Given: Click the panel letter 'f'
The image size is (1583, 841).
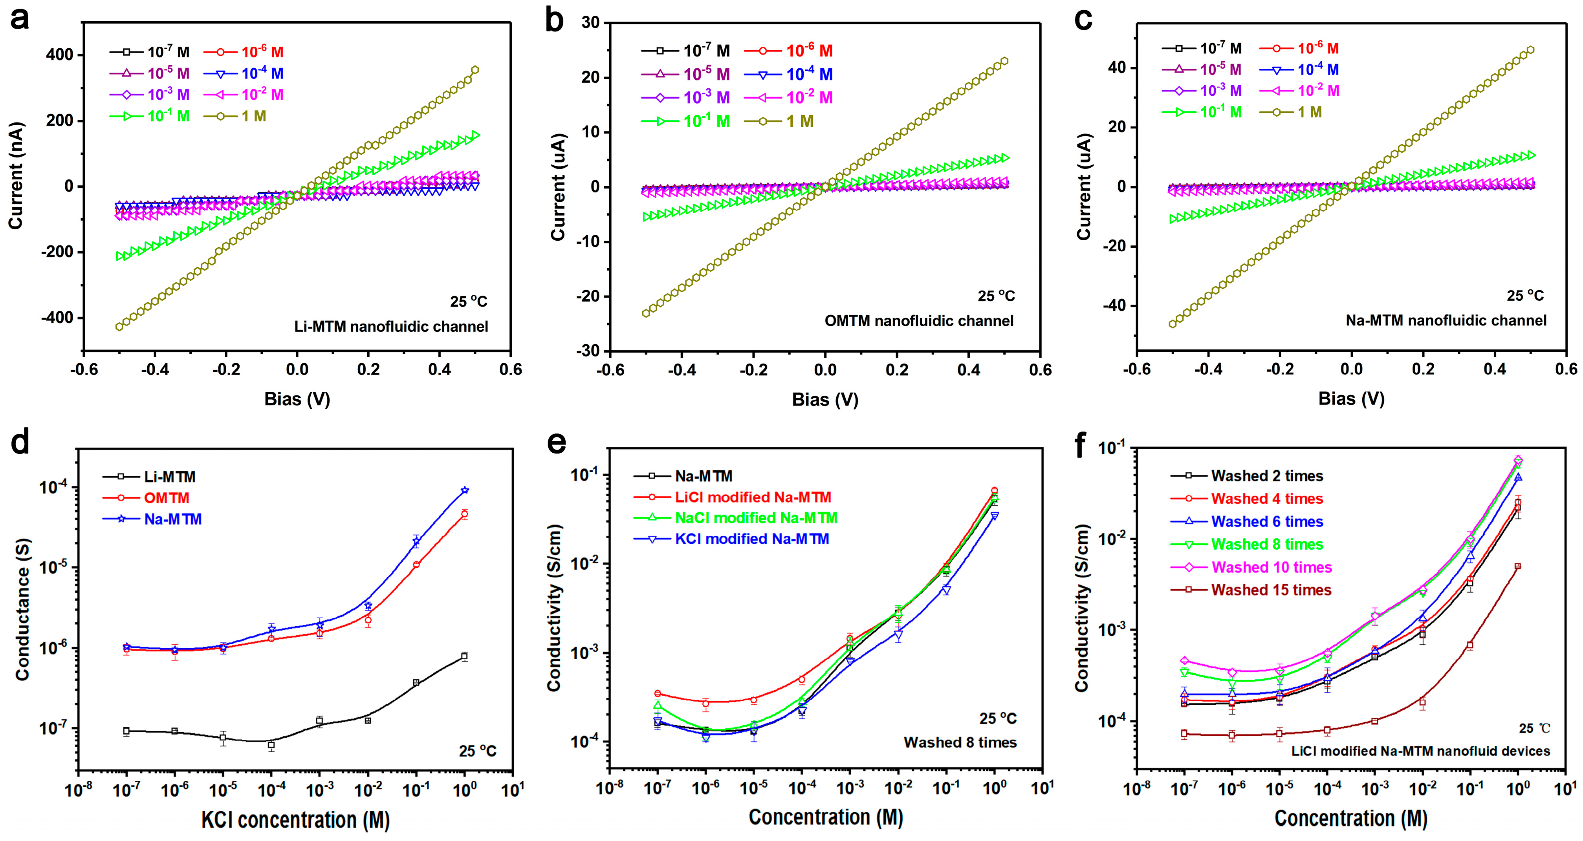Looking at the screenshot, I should coord(1080,444).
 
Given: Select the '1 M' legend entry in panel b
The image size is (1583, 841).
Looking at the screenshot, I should coord(799,122).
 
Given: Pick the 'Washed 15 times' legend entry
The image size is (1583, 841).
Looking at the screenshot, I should coord(1271,590).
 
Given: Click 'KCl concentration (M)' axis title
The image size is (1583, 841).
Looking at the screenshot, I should coord(295,819).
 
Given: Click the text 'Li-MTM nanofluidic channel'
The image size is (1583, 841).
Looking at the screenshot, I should coord(391,326).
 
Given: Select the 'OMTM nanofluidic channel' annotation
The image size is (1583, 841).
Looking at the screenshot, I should coord(919,321).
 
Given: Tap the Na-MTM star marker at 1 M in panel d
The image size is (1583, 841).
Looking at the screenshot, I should coord(465,490).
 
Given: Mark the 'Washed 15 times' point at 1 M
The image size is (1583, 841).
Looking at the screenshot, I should coord(1517,567).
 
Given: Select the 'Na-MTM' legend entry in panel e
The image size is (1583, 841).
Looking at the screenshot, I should coord(704,476).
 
